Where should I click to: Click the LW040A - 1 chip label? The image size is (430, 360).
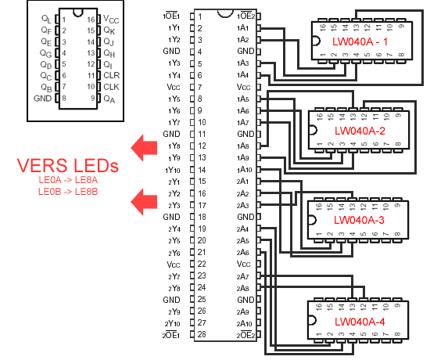pyautogui.click(x=360, y=41)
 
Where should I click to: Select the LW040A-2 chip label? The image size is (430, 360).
pyautogui.click(x=360, y=131)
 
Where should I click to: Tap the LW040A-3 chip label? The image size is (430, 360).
pyautogui.click(x=359, y=220)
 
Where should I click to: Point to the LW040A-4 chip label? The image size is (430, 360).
pyautogui.click(x=360, y=322)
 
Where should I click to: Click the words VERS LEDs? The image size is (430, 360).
pyautogui.click(x=68, y=165)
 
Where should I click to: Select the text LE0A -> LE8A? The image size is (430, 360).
pyautogui.click(x=68, y=180)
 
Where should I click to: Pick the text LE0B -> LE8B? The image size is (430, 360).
pyautogui.click(x=68, y=192)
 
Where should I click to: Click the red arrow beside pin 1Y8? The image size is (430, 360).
pyautogui.click(x=144, y=148)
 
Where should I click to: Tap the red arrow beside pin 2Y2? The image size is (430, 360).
pyautogui.click(x=144, y=202)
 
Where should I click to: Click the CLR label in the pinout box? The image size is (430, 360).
pyautogui.click(x=111, y=75)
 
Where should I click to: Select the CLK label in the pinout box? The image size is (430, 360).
pyautogui.click(x=111, y=87)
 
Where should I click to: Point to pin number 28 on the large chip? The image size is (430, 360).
pyautogui.click(x=202, y=334)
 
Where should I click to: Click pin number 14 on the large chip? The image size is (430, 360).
pyautogui.click(x=202, y=170)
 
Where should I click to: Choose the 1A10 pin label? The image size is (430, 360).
pyautogui.click(x=244, y=170)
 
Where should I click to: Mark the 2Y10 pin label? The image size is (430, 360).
pyautogui.click(x=172, y=323)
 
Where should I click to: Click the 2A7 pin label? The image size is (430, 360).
pyautogui.click(x=242, y=276)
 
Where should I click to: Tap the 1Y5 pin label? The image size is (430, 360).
pyautogui.click(x=174, y=99)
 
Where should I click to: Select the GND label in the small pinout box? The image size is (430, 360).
pyautogui.click(x=42, y=99)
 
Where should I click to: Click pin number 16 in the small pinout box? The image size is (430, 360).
pyautogui.click(x=91, y=20)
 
